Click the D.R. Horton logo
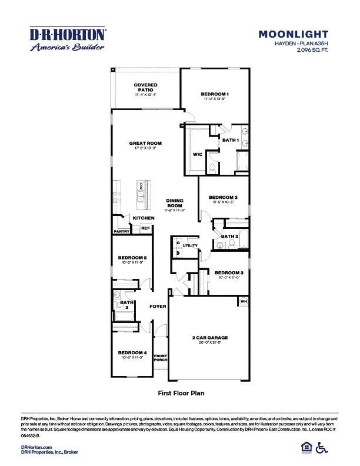tap(68, 39)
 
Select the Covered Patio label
tap(146, 87)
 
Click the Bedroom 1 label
tap(214, 94)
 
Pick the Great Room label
tap(146, 143)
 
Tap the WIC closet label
tap(198, 154)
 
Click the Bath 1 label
tap(231, 140)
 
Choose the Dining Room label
tap(175, 202)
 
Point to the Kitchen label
tap(144, 218)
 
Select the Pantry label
tap(122, 231)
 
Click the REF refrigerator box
tap(145, 228)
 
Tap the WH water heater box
tap(243, 302)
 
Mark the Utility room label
tap(190, 245)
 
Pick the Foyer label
tap(157, 307)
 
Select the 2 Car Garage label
tap(210, 338)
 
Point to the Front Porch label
tap(161, 358)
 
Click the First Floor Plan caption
tap(180, 392)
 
